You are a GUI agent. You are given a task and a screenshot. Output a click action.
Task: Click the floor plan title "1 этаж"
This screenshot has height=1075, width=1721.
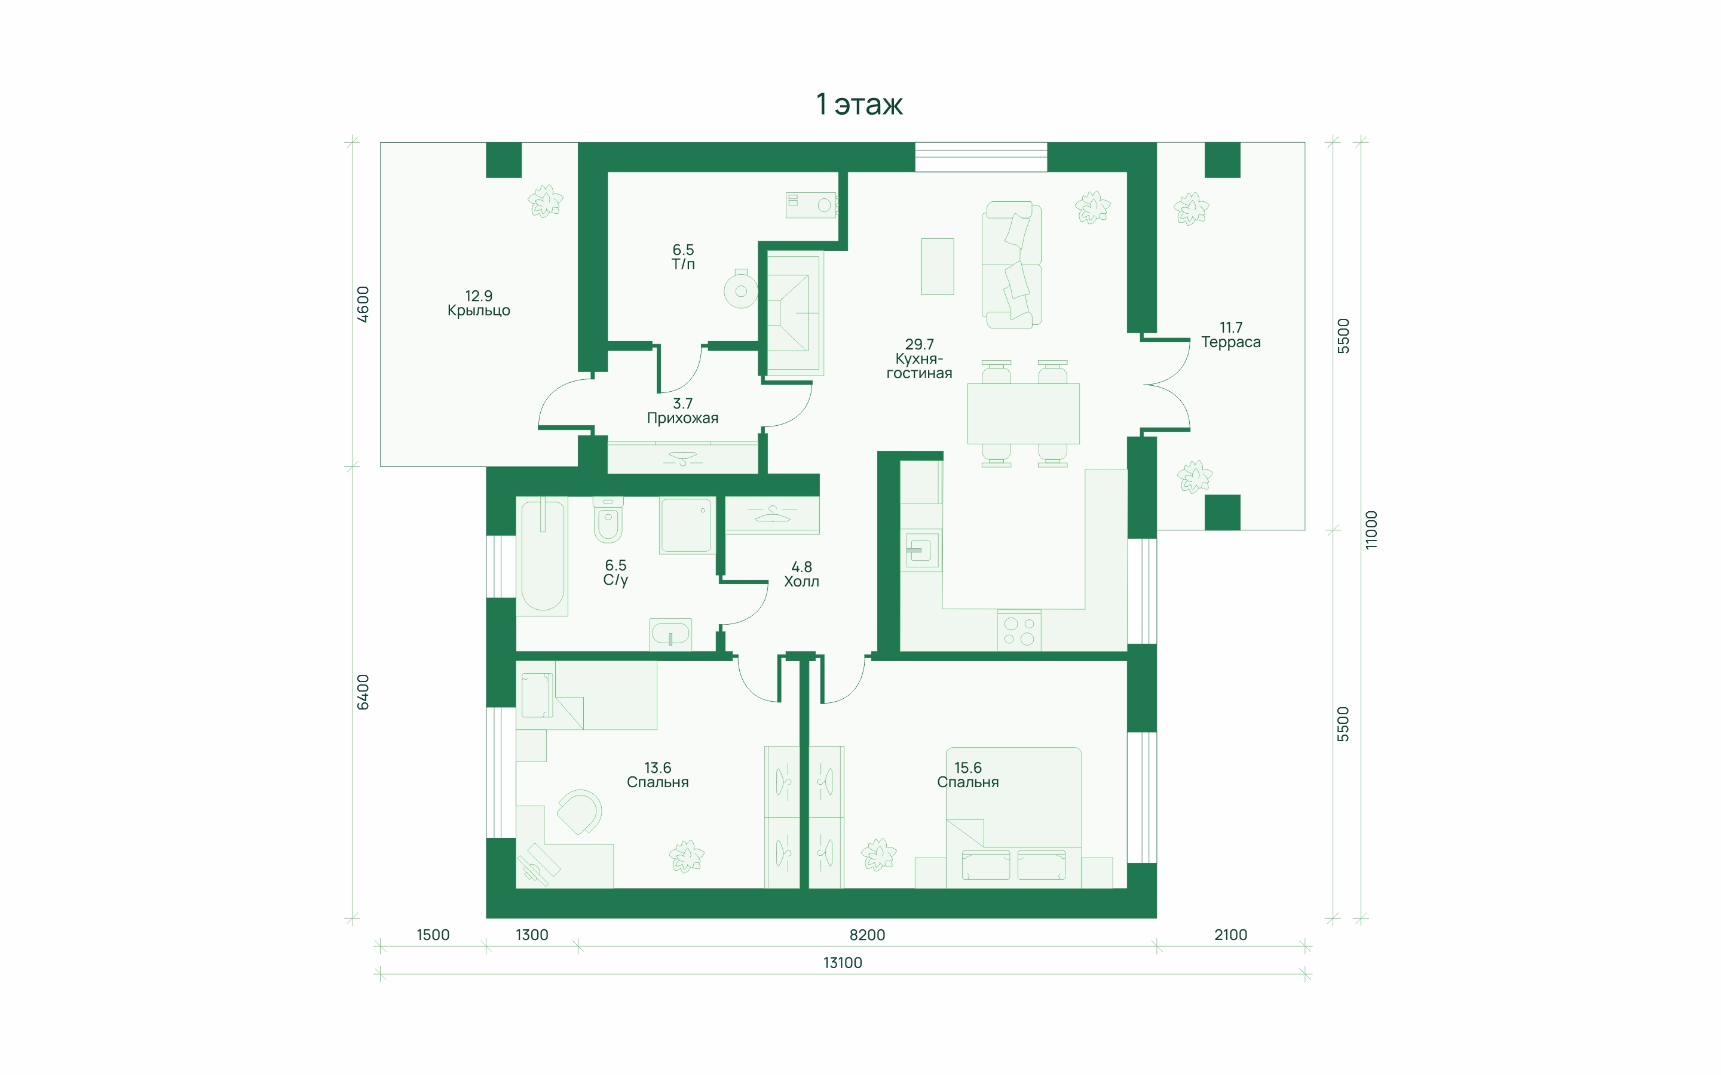tap(859, 105)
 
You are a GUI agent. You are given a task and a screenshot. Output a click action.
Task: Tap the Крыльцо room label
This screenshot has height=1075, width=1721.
tap(479, 311)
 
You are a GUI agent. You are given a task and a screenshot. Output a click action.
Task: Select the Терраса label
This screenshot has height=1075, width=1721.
tap(1230, 342)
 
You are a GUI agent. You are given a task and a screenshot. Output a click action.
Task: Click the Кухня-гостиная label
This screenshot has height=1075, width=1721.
tap(919, 366)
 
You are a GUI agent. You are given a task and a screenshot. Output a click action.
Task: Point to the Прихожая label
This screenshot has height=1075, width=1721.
tap(682, 418)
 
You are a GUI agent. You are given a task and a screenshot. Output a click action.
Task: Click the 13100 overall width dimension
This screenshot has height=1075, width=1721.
tap(843, 963)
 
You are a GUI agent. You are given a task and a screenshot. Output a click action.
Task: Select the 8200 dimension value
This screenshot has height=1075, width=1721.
tap(867, 935)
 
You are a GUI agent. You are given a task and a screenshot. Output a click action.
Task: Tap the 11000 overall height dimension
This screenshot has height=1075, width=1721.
tap(1371, 530)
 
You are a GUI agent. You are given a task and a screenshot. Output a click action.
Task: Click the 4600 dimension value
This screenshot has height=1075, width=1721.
tap(363, 305)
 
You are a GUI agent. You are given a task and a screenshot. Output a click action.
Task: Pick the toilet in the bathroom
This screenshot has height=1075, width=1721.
tap(608, 520)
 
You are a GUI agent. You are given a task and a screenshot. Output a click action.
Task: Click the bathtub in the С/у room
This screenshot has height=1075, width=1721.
tap(543, 556)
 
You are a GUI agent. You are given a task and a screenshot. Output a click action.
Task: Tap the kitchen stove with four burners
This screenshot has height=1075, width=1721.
tap(1019, 631)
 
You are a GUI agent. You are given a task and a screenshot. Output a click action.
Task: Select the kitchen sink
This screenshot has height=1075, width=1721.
tap(920, 550)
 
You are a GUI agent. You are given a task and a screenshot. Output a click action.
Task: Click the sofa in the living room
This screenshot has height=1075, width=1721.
tap(1011, 265)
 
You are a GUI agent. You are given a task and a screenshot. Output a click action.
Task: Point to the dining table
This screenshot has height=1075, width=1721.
tap(1024, 414)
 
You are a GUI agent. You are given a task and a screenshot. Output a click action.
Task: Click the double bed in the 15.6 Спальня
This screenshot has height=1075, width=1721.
tap(1013, 818)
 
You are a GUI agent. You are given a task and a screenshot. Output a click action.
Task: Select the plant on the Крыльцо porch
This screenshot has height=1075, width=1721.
tap(546, 201)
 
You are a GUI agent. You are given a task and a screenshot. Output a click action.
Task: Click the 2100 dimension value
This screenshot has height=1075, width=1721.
tap(1230, 935)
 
